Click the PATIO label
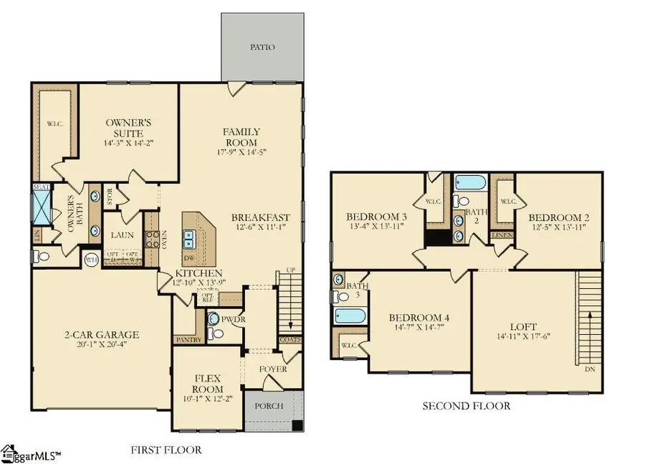coord(262,47)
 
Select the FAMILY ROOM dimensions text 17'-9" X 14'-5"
coord(241,151)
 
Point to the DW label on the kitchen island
coord(188,257)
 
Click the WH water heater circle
coord(92,259)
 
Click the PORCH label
coord(269,406)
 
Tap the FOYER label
coord(273,369)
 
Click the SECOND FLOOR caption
coord(467,406)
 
